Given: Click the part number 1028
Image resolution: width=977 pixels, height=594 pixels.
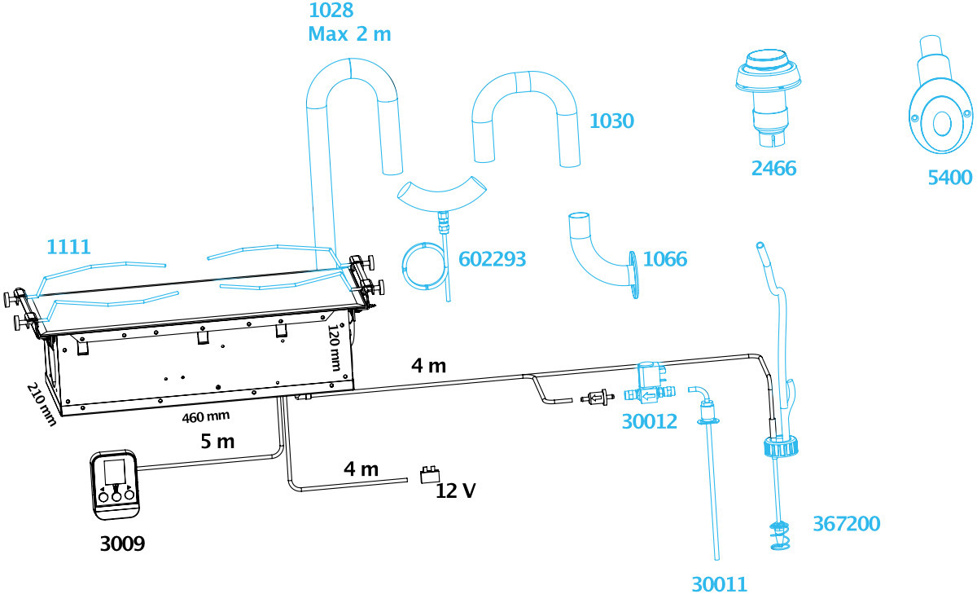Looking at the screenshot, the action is (x=331, y=11).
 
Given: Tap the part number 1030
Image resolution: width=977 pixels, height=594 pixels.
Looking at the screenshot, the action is (x=611, y=121).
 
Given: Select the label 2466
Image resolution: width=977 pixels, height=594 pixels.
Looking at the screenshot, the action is (x=773, y=168).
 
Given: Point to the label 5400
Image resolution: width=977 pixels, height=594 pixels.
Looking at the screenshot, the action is (x=950, y=178).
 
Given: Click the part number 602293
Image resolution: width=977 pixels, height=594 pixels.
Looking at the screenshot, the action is (x=492, y=259).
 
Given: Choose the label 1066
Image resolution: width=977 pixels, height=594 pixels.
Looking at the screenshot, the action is (x=665, y=259).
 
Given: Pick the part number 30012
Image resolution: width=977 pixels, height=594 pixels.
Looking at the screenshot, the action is (x=650, y=421).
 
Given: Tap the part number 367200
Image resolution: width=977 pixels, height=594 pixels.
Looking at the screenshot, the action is (x=847, y=523).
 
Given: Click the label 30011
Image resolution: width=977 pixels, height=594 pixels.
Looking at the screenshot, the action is (x=719, y=584).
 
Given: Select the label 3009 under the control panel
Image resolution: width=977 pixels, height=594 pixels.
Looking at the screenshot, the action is (x=123, y=543).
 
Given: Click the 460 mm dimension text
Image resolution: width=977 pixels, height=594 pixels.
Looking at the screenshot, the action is (x=206, y=417).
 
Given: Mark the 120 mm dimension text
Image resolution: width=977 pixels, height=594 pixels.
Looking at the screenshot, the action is (x=334, y=347).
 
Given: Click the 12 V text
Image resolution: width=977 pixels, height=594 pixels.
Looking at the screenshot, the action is (x=456, y=491).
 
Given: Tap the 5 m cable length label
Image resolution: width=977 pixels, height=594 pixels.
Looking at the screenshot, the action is (x=217, y=442).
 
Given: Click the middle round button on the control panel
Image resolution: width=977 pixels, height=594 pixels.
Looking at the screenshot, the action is (x=116, y=496).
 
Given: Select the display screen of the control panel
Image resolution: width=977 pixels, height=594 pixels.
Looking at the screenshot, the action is (x=115, y=471).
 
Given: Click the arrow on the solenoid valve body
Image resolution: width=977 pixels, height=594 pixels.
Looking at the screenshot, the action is (x=649, y=396).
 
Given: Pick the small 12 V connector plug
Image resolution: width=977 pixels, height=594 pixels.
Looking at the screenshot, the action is (x=430, y=475).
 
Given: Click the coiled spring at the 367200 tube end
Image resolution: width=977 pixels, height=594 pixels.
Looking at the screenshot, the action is (x=780, y=535).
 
